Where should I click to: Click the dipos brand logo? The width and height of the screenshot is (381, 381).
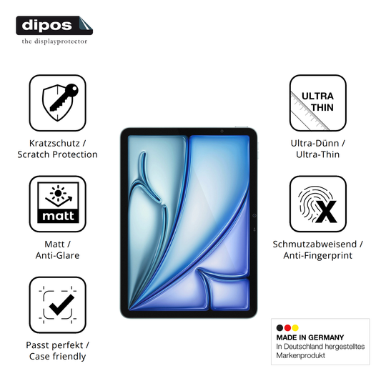click(x=54, y=26)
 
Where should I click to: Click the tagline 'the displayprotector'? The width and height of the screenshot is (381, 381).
click(x=54, y=41)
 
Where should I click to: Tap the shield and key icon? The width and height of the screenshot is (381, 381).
click(x=60, y=102)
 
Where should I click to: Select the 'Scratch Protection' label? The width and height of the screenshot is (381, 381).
click(x=58, y=154)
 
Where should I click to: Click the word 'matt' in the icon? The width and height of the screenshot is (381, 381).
click(x=58, y=216)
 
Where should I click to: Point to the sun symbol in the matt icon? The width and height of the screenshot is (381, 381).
click(x=58, y=193)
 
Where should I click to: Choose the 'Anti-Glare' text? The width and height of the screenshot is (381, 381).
click(x=58, y=255)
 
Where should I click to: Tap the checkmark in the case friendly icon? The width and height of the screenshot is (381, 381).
click(x=61, y=305)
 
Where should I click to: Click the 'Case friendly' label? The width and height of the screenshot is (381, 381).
click(x=58, y=357)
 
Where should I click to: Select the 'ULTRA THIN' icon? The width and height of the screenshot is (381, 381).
click(x=318, y=103)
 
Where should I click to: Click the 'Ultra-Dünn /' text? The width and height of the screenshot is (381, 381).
click(x=318, y=144)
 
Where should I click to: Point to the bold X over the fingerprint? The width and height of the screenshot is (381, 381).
click(x=327, y=212)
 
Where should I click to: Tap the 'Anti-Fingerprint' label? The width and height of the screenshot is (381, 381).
click(x=318, y=255)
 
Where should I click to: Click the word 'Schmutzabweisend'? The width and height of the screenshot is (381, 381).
click(x=315, y=244)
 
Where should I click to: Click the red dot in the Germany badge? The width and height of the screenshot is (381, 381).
click(x=287, y=328)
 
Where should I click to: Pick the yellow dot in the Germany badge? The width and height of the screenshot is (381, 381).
click(x=295, y=328)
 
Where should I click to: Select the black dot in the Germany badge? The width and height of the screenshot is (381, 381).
click(x=279, y=328)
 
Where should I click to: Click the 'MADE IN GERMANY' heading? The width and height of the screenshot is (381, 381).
click(x=310, y=337)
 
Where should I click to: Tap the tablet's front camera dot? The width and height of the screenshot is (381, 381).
click(x=222, y=132)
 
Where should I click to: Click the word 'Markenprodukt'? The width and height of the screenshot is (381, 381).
click(x=300, y=355)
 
